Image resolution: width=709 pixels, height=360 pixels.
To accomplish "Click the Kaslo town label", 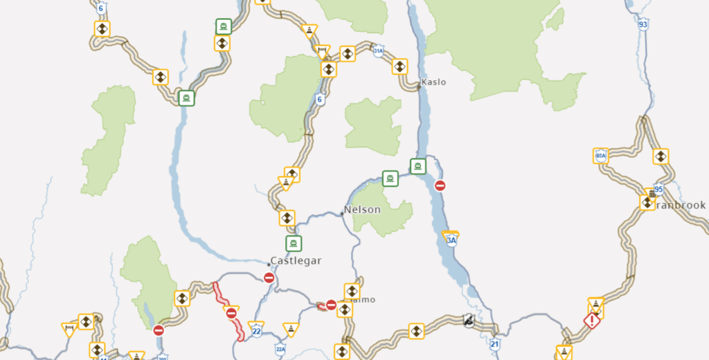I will (x=433, y=82).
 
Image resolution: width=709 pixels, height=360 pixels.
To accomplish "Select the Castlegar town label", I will (x=296, y=260).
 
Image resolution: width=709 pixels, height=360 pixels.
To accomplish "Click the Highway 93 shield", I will (x=643, y=24).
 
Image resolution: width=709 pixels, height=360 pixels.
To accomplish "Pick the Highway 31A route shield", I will (x=378, y=51).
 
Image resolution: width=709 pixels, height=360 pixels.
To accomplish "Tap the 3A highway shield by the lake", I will (x=451, y=240).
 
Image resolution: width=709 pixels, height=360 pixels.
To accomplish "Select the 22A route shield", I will (x=280, y=348).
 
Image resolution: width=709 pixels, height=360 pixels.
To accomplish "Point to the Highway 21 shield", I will (x=494, y=343).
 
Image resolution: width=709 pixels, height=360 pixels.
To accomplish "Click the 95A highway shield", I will (x=600, y=155).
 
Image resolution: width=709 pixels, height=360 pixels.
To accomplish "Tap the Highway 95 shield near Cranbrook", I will (x=658, y=189).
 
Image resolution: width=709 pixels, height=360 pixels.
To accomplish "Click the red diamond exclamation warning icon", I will (x=591, y=321).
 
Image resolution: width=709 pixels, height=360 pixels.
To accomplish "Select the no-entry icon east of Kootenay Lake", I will (x=440, y=186).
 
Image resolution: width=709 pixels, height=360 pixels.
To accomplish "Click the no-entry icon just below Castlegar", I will (x=269, y=278).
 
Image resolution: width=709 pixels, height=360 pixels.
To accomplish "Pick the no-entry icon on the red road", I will (x=232, y=314).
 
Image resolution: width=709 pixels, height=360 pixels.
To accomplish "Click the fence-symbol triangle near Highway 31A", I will (x=322, y=51).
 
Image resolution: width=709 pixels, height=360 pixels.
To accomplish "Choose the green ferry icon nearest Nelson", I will (x=390, y=178).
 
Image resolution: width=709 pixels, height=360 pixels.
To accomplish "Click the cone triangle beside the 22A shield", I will (x=291, y=328).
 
